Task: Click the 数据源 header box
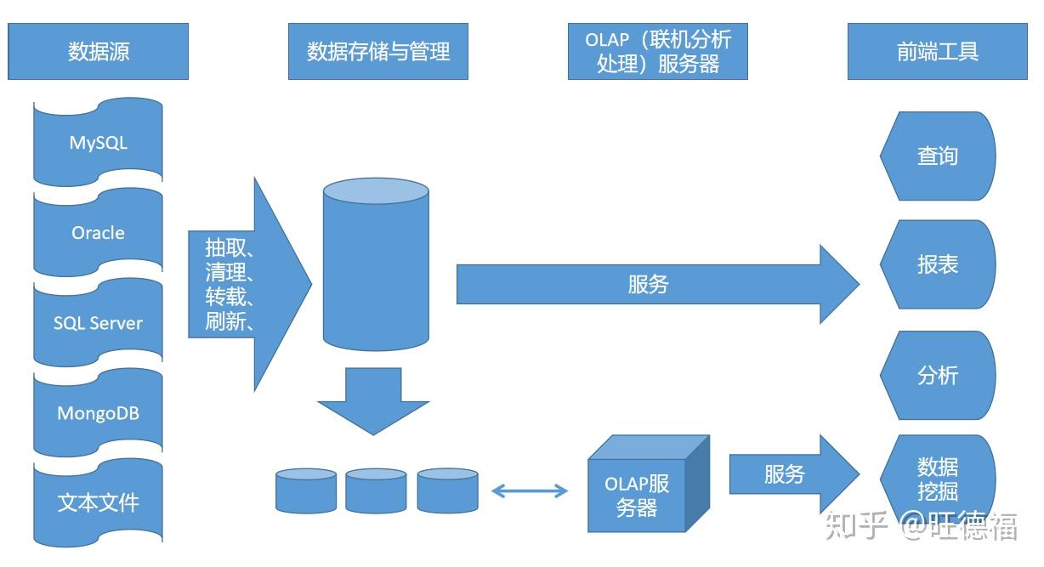[x=98, y=52]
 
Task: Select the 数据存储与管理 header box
[x=377, y=52]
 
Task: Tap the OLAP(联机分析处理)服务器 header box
[x=657, y=52]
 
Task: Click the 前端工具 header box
[x=937, y=52]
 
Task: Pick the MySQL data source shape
[x=98, y=142]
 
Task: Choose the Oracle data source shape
[x=98, y=232]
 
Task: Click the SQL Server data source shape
[x=98, y=323]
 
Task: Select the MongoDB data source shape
[x=98, y=413]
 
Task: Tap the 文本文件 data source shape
[x=98, y=502]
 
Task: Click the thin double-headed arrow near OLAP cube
[x=530, y=490]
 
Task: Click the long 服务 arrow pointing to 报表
[x=646, y=285]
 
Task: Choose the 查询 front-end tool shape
[x=937, y=156]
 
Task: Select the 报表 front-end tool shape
[x=937, y=264]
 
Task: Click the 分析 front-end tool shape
[x=937, y=375]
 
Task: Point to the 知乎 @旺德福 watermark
[x=922, y=526]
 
